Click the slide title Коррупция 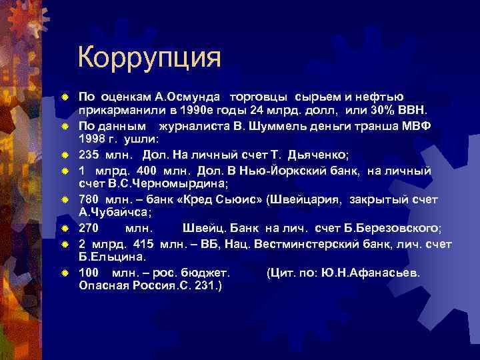coord(149,58)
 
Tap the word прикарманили coord(120,109)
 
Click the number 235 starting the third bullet coord(90,154)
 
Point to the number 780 coord(90,199)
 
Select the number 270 coord(90,228)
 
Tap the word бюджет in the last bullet coord(203,273)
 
